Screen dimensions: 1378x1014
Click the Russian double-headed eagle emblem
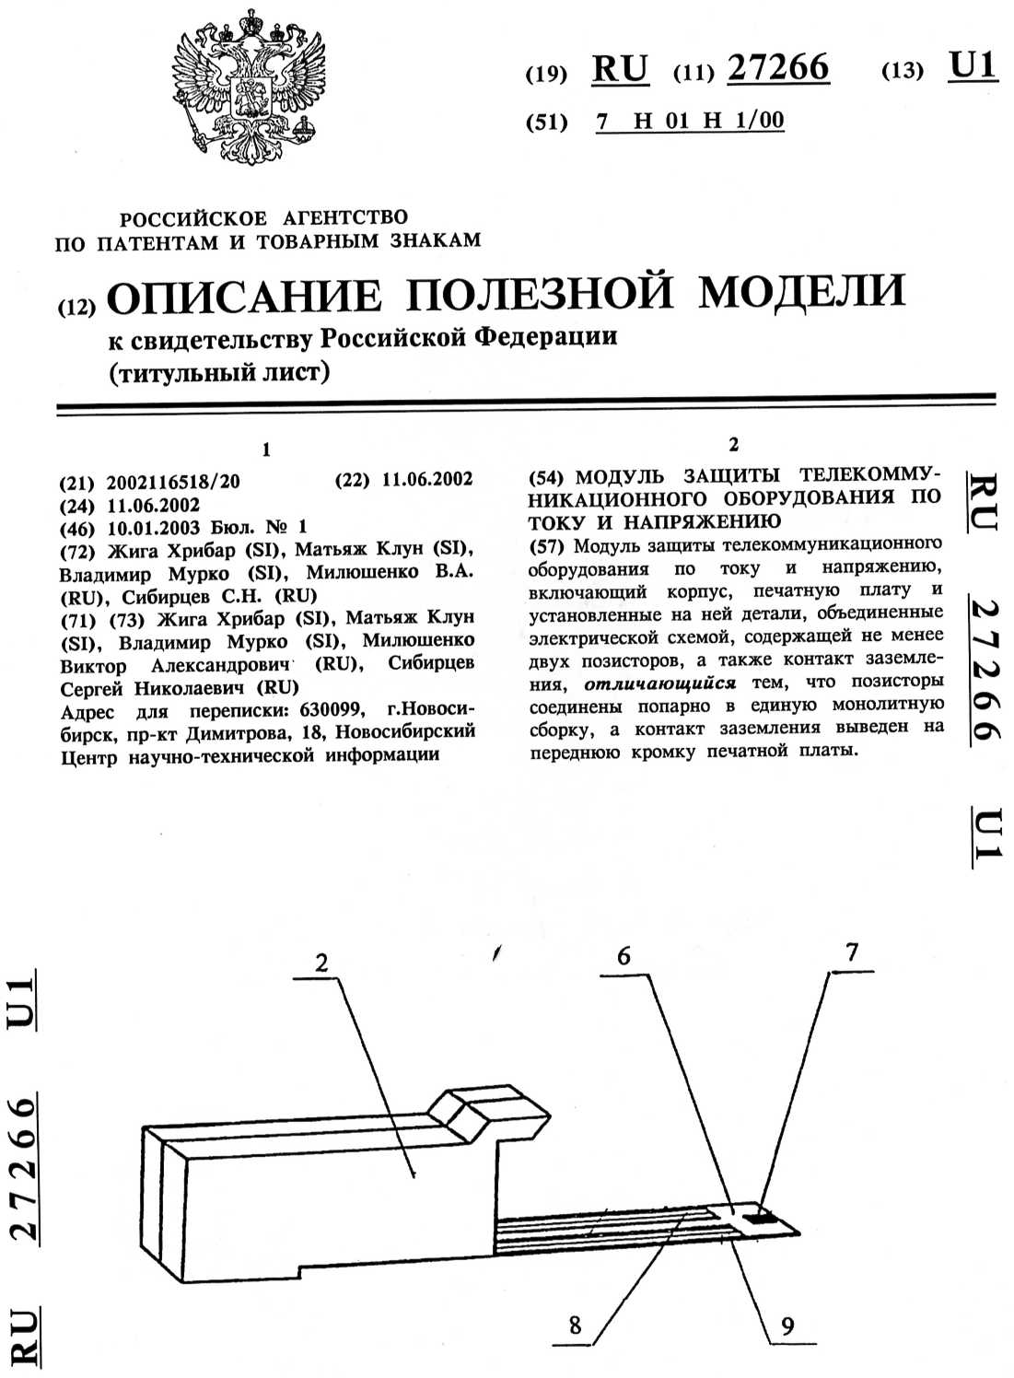pos(249,88)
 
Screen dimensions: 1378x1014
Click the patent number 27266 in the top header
pos(777,68)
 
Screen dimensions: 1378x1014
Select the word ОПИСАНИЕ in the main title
pos(244,295)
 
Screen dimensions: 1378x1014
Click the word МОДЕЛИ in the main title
pos(801,291)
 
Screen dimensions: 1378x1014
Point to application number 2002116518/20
pos(173,482)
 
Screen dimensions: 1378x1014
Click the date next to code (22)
pos(426,479)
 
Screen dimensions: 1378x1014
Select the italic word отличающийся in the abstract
pos(659,683)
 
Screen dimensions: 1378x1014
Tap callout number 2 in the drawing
pos(321,963)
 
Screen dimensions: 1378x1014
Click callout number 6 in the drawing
pos(624,956)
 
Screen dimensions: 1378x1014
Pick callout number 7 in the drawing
pos(852,952)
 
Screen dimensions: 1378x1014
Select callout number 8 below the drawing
pos(575,1325)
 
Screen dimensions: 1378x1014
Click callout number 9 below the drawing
pos(787,1326)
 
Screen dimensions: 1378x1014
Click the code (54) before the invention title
pos(546,477)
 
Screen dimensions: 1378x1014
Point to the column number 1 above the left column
pos(266,450)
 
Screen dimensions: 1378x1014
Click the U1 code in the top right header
pos(972,66)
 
